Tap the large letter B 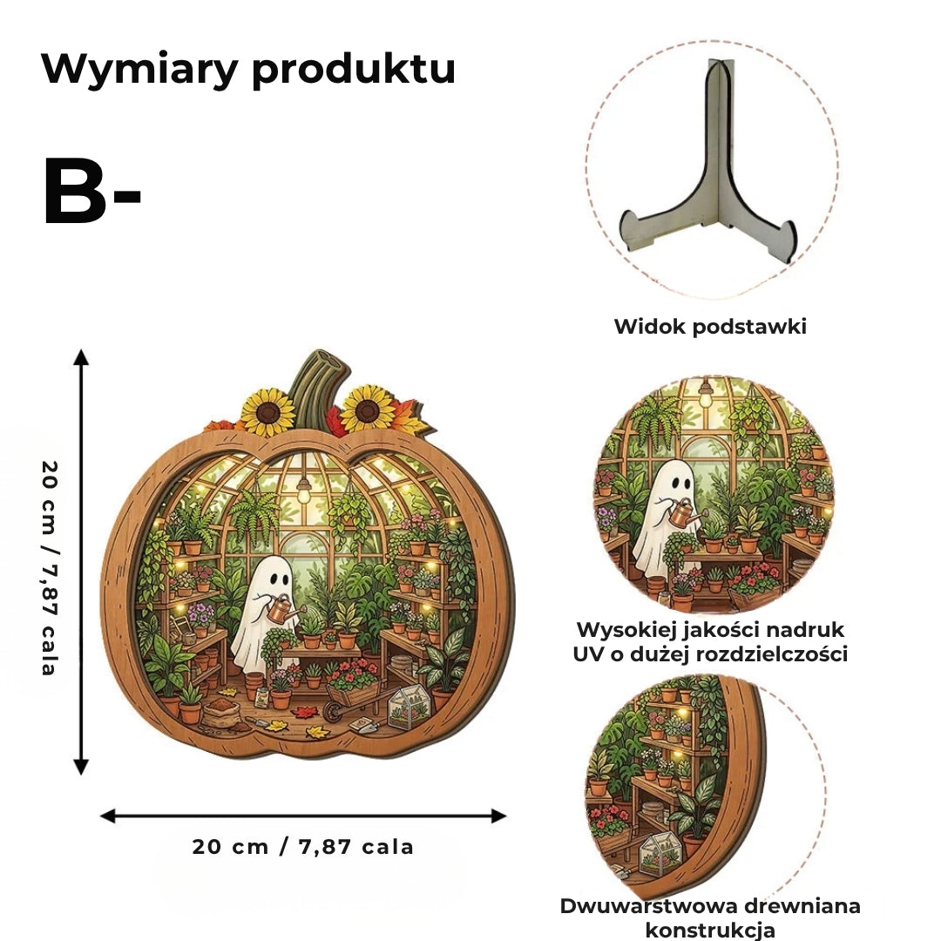click(x=73, y=191)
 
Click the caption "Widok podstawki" click(x=710, y=327)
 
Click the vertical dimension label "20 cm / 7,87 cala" click(x=50, y=568)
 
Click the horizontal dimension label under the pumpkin click(x=303, y=847)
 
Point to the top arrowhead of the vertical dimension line click(x=81, y=357)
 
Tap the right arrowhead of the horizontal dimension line click(x=499, y=816)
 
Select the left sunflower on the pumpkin click(x=268, y=412)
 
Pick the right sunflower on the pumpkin click(x=368, y=410)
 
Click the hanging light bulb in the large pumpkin click(x=304, y=491)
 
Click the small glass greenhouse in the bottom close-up click(x=660, y=851)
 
